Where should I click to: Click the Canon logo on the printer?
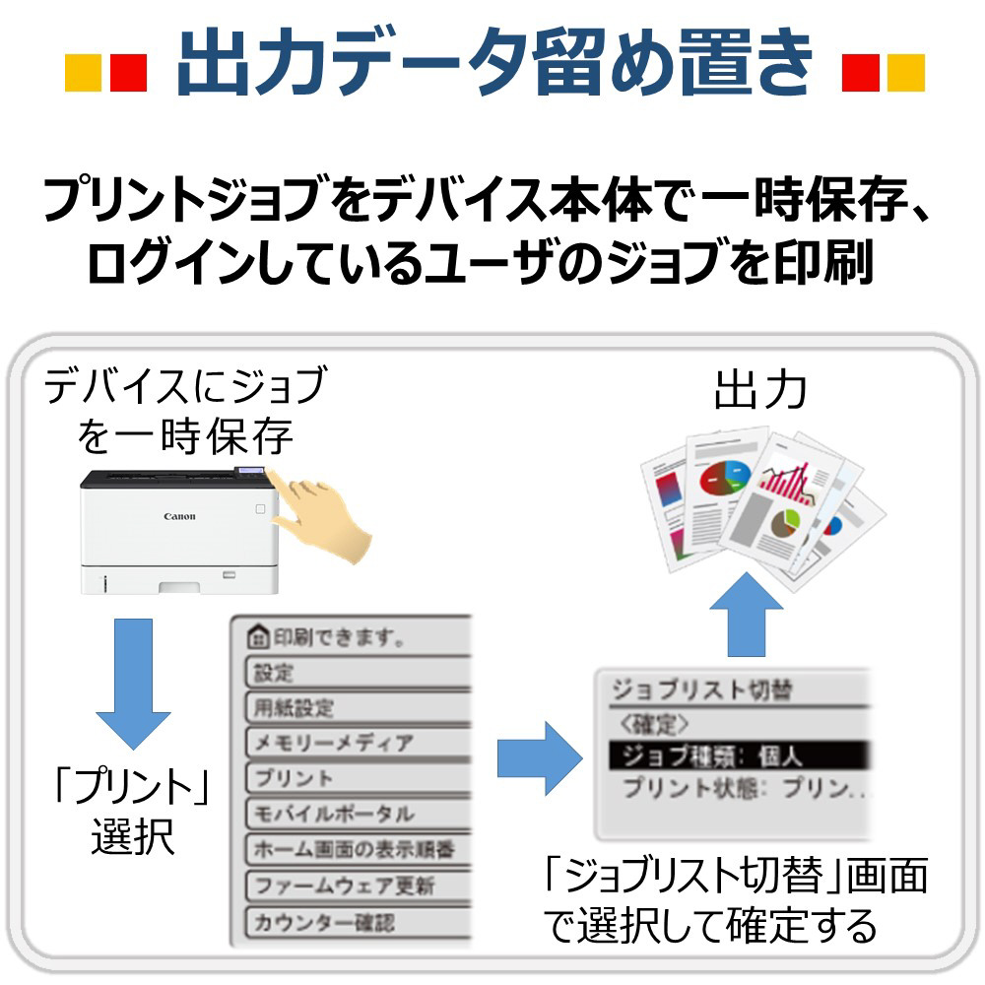(x=179, y=516)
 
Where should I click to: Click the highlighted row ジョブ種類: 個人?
(x=734, y=755)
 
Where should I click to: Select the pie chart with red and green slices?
(x=725, y=479)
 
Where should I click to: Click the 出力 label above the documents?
(x=760, y=391)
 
